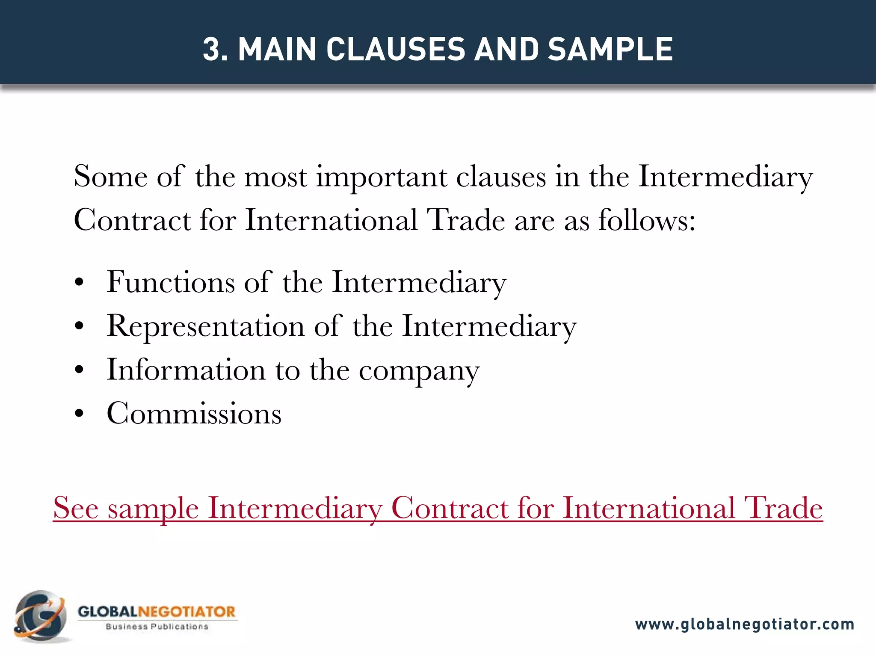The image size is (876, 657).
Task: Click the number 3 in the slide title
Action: [213, 49]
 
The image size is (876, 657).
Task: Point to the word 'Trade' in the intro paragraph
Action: [467, 221]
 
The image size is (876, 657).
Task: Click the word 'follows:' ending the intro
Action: [646, 221]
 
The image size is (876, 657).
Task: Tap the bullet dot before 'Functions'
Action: [79, 283]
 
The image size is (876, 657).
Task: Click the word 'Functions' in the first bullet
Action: [170, 282]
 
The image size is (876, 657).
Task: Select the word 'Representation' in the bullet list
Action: [205, 326]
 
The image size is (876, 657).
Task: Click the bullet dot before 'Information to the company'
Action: [79, 371]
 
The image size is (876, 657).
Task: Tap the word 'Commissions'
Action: [194, 414]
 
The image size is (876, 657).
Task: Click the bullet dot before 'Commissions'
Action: [79, 414]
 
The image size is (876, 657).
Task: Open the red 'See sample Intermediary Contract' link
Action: [438, 509]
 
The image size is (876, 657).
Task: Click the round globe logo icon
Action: [41, 616]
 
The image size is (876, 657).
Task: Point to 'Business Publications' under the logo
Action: [157, 627]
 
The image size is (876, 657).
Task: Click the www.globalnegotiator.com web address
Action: [744, 624]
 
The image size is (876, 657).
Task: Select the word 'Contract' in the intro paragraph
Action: [132, 221]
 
